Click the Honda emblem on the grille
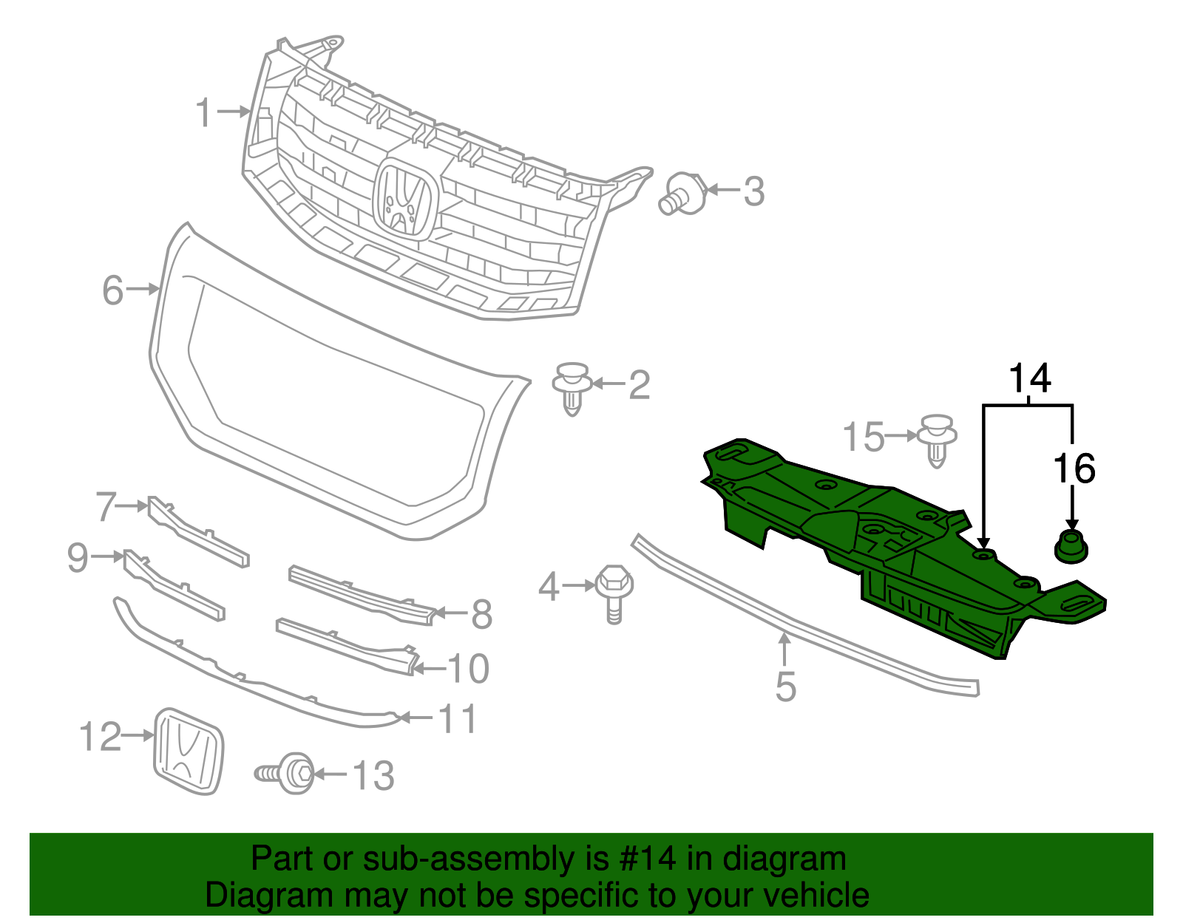tap(404, 198)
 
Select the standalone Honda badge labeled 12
tap(188, 751)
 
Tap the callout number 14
tap(1030, 378)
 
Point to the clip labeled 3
tap(682, 194)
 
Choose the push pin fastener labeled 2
tap(572, 387)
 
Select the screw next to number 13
tap(287, 773)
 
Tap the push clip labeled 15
tap(937, 440)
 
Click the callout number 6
tap(112, 290)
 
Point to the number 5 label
tap(786, 687)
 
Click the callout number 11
tap(458, 718)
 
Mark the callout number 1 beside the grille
tap(203, 113)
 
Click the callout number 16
tap(1074, 469)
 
